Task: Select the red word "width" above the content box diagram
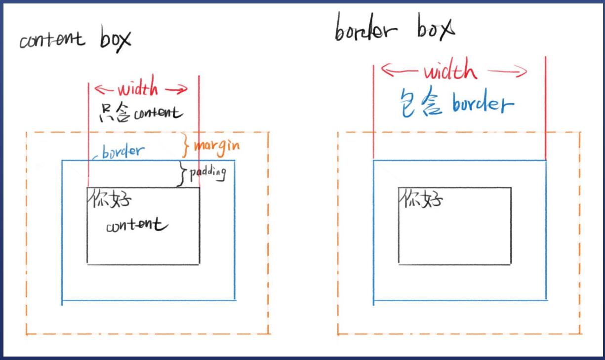pyautogui.click(x=138, y=89)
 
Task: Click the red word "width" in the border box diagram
pyautogui.click(x=450, y=72)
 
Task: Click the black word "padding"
pyautogui.click(x=207, y=173)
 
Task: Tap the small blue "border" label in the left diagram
pyautogui.click(x=123, y=151)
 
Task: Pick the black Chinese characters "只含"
pyautogui.click(x=114, y=113)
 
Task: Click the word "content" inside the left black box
pyautogui.click(x=137, y=226)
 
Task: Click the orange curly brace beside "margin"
pyautogui.click(x=187, y=145)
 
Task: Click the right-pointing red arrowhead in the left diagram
pyautogui.click(x=183, y=89)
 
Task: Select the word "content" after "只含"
pyautogui.click(x=157, y=113)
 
